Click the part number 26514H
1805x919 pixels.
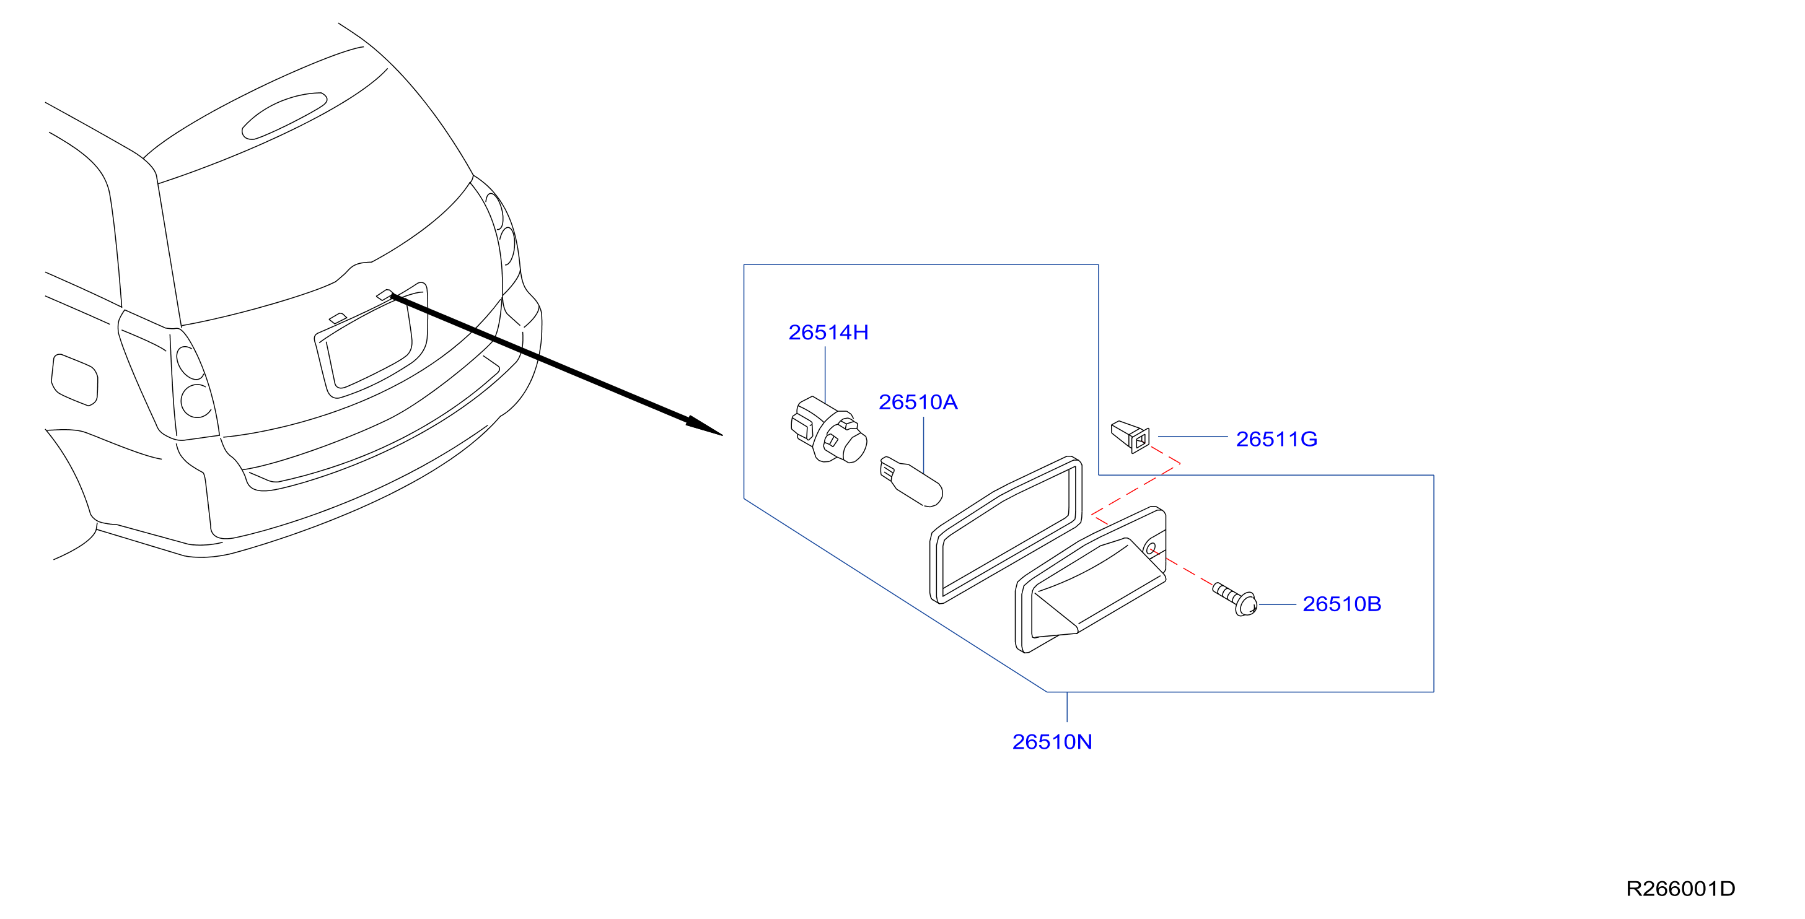(x=828, y=332)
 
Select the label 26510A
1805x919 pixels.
(x=918, y=402)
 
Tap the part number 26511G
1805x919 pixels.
(x=1276, y=439)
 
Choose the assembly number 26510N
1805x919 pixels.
(x=1052, y=742)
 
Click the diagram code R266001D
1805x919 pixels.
(x=1680, y=889)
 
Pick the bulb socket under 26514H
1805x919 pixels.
(x=828, y=430)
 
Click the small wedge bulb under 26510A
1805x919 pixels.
(x=911, y=481)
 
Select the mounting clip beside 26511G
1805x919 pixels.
(x=1131, y=437)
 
